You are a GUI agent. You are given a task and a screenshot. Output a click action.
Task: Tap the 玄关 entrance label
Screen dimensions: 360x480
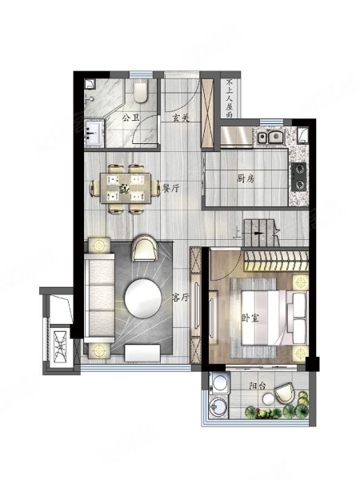click(180, 118)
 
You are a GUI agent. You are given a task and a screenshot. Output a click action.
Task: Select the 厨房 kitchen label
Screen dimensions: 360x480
click(246, 178)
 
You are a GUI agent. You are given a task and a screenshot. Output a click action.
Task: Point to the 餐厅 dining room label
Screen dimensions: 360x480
click(170, 189)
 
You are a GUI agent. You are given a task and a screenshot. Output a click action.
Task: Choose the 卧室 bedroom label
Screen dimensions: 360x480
click(250, 318)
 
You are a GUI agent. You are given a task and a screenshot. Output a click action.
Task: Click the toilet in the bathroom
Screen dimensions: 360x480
click(141, 91)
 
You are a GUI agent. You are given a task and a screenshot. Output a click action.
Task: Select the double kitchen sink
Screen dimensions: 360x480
click(270, 137)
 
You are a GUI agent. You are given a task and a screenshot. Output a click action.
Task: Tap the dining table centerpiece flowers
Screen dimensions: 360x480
click(124, 188)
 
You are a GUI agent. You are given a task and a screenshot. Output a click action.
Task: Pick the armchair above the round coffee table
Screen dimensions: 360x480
click(145, 248)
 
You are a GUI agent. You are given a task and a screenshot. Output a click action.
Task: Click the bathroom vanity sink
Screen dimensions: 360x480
click(94, 134)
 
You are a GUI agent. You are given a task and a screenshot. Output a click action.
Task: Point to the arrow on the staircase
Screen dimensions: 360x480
click(259, 234)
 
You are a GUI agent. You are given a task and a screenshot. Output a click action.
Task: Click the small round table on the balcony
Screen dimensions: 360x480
click(269, 399)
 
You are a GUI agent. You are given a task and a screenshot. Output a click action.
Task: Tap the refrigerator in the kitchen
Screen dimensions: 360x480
click(236, 137)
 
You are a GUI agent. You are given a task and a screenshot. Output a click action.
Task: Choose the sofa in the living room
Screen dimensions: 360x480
click(99, 298)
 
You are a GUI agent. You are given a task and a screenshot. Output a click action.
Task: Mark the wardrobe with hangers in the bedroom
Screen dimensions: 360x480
click(276, 261)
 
